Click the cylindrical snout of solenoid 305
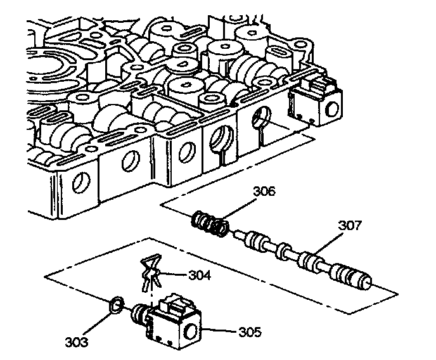(x=137, y=314)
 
